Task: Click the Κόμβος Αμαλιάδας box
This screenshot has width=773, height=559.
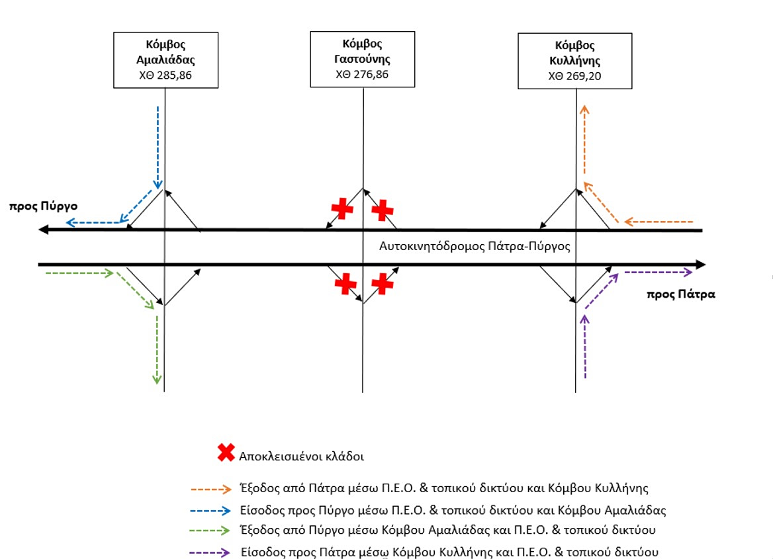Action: (x=165, y=60)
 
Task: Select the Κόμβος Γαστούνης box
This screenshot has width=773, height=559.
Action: (x=363, y=59)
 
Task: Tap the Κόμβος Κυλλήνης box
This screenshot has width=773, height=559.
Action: (x=575, y=61)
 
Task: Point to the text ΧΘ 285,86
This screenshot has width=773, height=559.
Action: (x=165, y=75)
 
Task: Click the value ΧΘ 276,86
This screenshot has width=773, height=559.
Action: (x=363, y=75)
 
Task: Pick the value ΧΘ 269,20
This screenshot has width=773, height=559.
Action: (x=575, y=76)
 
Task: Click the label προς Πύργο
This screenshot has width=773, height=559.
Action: (x=44, y=206)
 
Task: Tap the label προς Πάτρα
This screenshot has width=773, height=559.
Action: (x=681, y=294)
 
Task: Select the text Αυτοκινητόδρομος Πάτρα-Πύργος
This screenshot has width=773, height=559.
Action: (x=475, y=246)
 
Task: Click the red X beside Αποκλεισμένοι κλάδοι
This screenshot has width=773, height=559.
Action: (x=226, y=452)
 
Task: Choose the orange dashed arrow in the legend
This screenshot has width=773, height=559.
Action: (x=211, y=489)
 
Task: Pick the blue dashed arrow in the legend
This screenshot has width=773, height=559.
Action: (x=210, y=511)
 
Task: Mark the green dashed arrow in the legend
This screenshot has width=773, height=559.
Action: (x=210, y=531)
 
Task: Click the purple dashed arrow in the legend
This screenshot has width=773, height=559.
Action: (x=210, y=552)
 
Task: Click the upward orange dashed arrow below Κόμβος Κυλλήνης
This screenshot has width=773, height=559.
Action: (x=584, y=140)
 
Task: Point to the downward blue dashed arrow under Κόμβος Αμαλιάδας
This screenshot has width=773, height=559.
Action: (x=158, y=148)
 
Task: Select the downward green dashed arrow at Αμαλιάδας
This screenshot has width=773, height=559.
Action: (x=157, y=350)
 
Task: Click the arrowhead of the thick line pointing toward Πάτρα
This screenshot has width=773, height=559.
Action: (x=700, y=265)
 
